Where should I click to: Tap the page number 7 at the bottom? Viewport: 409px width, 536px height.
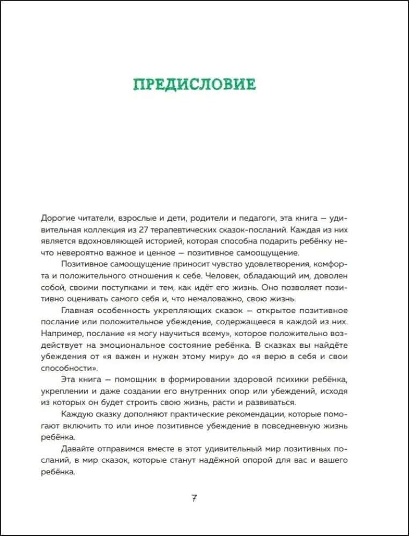click(195, 498)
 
